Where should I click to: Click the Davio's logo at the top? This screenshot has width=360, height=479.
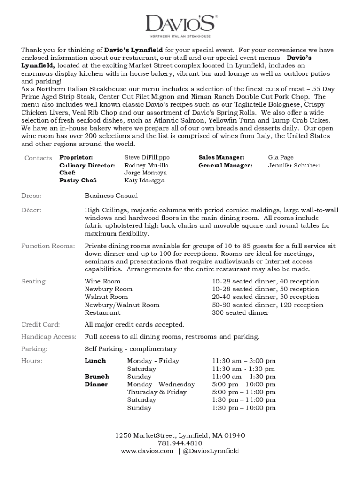pos(180,25)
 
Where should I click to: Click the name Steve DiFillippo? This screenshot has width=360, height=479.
pos(147,158)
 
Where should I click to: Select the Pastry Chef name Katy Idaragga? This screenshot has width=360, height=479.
pos(144,181)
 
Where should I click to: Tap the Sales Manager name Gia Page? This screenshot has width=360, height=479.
pos(281,158)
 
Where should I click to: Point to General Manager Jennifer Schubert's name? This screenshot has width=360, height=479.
pos(294,166)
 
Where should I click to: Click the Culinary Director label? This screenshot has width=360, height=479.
pos(87,166)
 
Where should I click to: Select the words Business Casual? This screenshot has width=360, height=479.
pos(111,196)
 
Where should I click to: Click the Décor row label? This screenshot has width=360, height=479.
pos(31,210)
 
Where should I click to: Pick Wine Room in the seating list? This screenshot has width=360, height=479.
pos(102,282)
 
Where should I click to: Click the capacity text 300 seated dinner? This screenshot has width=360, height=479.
pos(240,312)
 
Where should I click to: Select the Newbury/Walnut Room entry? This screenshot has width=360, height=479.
pos(122,305)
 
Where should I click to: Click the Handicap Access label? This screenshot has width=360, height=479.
pos(49,337)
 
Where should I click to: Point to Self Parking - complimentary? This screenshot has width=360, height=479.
pos(130,349)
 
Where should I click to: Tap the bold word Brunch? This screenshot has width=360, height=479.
pos(97,377)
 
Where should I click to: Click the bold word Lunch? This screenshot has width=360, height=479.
pos(95,361)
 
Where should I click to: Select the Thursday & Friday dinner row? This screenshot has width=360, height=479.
pos(157,392)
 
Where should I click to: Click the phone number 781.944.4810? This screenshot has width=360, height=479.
pos(180,443)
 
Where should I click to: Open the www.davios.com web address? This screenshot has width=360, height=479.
pos(147,451)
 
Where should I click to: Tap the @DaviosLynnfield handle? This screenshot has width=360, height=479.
pos(211,451)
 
